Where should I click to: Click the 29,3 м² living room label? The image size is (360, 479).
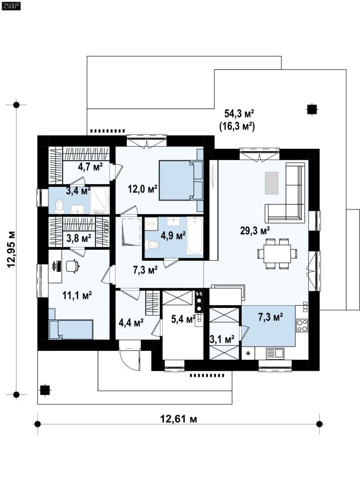[x=254, y=230]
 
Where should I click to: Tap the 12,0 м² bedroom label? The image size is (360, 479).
[x=142, y=189]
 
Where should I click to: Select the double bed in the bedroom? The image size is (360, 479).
[x=181, y=180]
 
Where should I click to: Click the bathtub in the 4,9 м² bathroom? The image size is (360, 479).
[x=195, y=235]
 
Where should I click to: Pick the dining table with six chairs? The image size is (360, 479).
[x=277, y=254]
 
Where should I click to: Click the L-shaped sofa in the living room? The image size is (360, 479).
[x=285, y=192]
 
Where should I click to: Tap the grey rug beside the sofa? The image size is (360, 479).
[x=272, y=183]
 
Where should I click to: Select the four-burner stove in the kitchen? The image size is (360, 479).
[x=302, y=325]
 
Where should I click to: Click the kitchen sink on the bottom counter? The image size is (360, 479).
[x=275, y=354]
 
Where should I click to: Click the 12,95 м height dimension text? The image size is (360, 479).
[x=12, y=250]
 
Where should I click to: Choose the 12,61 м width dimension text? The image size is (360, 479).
[x=179, y=419]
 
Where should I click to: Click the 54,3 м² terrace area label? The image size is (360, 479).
[x=240, y=114]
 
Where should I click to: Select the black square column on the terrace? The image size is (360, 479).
[x=312, y=109]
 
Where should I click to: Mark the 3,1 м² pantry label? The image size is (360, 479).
[x=222, y=339]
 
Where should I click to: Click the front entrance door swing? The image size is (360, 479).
[x=129, y=360]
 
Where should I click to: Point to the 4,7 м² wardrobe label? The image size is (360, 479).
[x=90, y=167]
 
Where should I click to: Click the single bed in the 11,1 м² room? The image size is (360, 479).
[x=71, y=329]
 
